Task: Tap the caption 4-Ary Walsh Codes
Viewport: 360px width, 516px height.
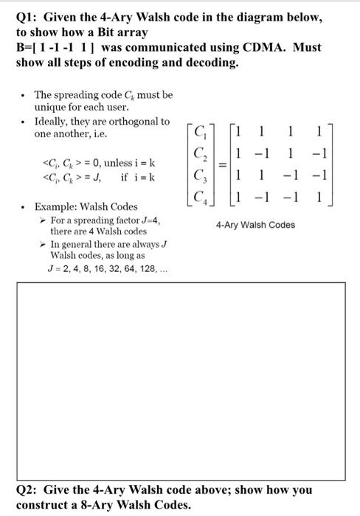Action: (256, 225)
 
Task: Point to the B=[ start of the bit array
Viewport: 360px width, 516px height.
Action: (26, 47)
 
